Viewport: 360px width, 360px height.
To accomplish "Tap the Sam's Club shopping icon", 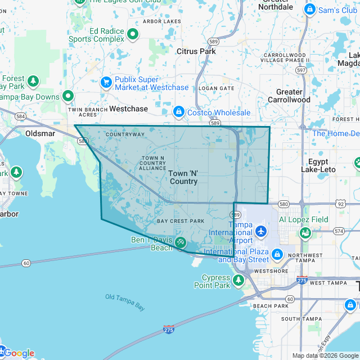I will click(x=309, y=10).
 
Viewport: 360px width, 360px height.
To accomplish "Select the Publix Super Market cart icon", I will click(x=105, y=83).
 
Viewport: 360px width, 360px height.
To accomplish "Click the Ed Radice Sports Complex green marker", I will click(x=133, y=35).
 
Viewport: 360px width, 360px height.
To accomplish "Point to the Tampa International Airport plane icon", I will click(x=260, y=231).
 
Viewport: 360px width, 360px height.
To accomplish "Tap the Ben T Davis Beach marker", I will click(x=181, y=243).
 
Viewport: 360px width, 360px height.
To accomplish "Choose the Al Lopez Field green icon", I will click(x=305, y=232).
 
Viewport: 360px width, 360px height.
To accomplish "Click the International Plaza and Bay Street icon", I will click(x=277, y=255).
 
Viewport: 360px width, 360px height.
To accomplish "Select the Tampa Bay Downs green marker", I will click(x=69, y=96).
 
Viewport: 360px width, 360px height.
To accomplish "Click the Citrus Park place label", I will click(x=196, y=51).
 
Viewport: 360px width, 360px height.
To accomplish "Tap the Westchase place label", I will click(x=128, y=108).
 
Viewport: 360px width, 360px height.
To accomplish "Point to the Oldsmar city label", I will click(x=39, y=133).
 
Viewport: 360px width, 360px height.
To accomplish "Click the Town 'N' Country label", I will click(x=183, y=177).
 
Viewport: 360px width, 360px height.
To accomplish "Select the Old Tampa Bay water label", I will click(x=125, y=302).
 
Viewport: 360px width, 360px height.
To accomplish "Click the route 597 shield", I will click(x=301, y=70).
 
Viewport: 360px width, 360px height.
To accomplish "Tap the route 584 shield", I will click(x=21, y=116).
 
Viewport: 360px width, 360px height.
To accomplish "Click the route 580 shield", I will click(x=283, y=204).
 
